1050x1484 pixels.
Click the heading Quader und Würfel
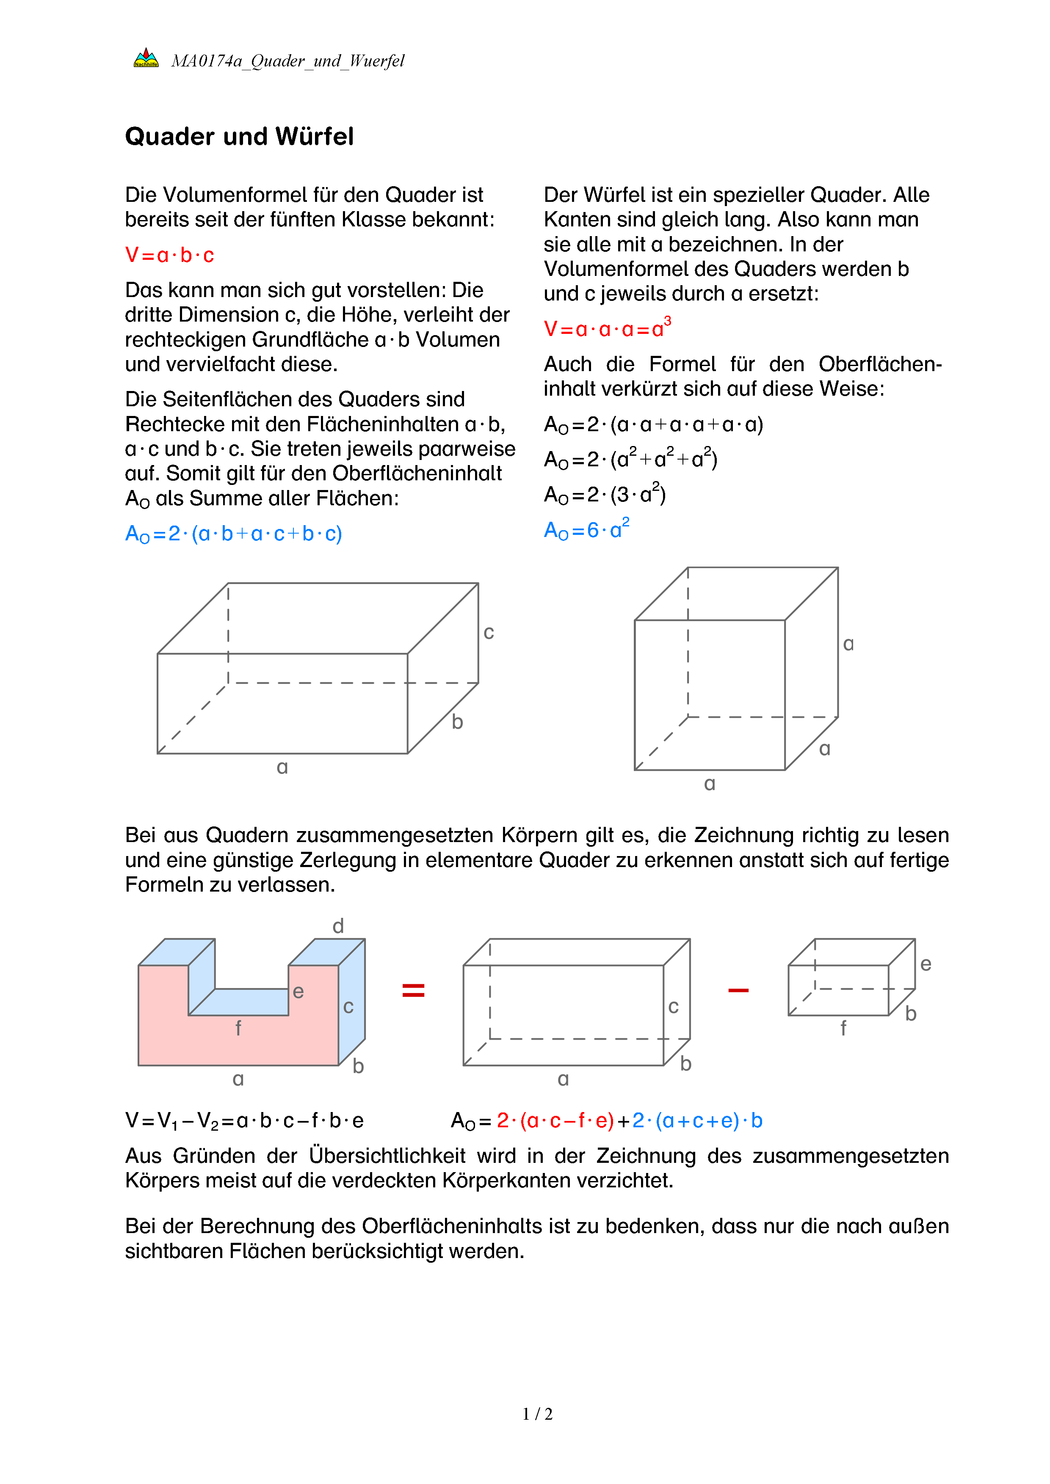[x=239, y=136]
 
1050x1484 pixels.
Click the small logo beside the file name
[x=146, y=58]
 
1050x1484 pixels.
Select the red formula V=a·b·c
[x=169, y=255]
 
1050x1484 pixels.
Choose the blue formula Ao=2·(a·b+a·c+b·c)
[x=233, y=534]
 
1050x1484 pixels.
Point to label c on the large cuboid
[x=489, y=632]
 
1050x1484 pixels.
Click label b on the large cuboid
[x=457, y=722]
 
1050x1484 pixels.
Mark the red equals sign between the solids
[x=413, y=990]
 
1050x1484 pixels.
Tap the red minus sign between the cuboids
[x=738, y=990]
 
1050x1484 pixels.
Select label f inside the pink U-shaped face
[x=238, y=1028]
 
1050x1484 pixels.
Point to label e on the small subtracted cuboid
[x=926, y=964]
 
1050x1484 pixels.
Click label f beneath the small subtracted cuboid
[x=843, y=1028]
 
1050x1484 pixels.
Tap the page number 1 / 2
[x=537, y=1414]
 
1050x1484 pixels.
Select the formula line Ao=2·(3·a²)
[x=605, y=494]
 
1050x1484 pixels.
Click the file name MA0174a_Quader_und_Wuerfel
[x=288, y=61]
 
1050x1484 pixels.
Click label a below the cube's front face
[x=709, y=784]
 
